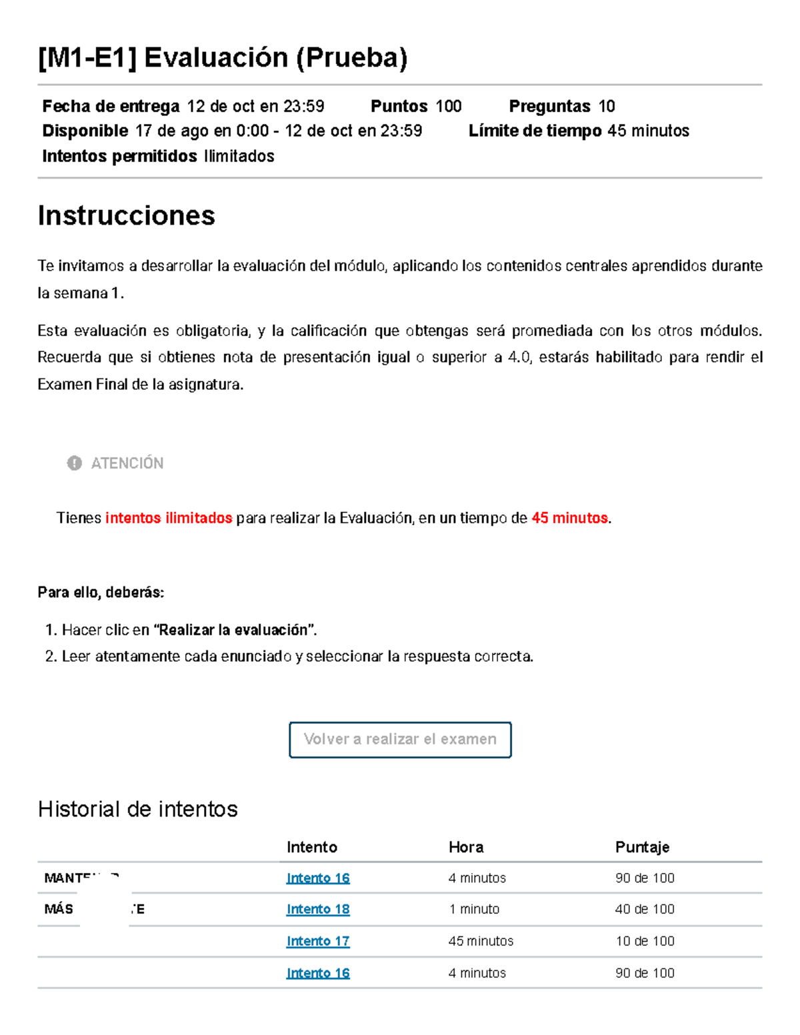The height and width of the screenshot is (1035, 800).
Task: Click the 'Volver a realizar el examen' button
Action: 400,739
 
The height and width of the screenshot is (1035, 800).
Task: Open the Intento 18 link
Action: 318,909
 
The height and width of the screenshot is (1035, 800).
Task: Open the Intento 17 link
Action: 318,941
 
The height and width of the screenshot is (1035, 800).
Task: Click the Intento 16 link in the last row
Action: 318,973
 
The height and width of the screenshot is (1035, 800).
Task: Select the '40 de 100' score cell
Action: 645,909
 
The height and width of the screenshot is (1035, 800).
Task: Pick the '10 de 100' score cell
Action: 645,941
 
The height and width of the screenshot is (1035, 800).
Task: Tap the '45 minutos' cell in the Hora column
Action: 481,941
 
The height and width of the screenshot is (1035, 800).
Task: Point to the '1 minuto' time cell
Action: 474,909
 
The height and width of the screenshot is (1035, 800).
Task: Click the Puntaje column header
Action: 642,847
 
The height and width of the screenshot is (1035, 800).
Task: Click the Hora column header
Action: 466,847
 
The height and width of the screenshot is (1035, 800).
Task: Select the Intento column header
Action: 312,847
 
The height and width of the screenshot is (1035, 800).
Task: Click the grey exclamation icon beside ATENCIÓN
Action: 74,463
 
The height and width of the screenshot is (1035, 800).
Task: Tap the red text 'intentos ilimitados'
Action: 169,518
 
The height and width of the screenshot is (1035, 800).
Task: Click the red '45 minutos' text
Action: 569,518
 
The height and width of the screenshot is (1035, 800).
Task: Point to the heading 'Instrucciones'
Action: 127,215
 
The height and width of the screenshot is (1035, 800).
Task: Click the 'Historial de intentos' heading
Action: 138,809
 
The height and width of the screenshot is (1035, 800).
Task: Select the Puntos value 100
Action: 449,106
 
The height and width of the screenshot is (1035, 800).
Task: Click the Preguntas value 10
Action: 607,106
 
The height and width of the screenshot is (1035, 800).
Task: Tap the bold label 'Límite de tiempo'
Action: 535,131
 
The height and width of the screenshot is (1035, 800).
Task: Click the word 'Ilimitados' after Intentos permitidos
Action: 239,156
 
